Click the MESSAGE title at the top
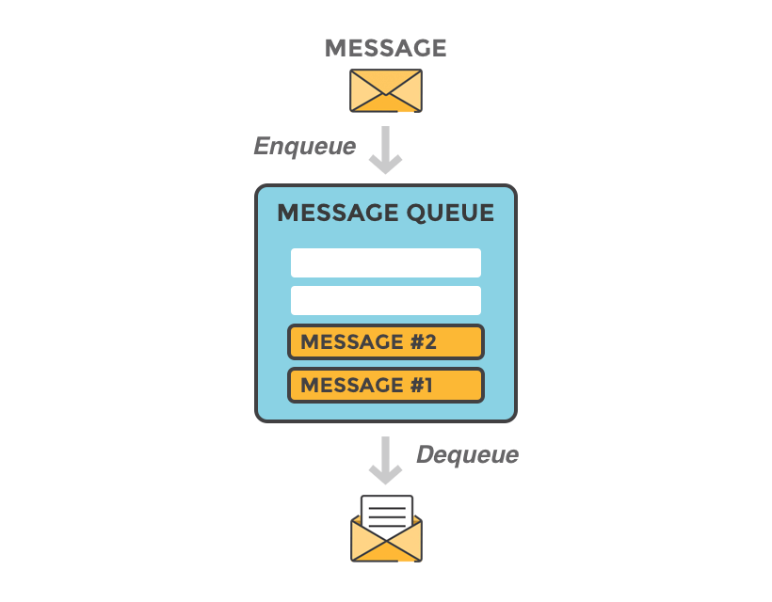pyautogui.click(x=385, y=48)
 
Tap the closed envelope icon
pyautogui.click(x=386, y=90)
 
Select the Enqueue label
pyautogui.click(x=305, y=146)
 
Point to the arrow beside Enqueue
pyautogui.click(x=386, y=150)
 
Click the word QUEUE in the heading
pyautogui.click(x=450, y=214)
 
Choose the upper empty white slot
pyautogui.click(x=386, y=262)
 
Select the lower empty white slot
pyautogui.click(x=386, y=300)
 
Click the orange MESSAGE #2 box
pyautogui.click(x=386, y=341)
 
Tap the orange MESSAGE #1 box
pyautogui.click(x=386, y=385)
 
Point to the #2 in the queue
pyautogui.click(x=423, y=341)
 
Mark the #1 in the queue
pyautogui.click(x=421, y=385)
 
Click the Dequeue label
pyautogui.click(x=467, y=455)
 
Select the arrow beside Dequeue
pyautogui.click(x=386, y=459)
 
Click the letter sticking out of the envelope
pyautogui.click(x=386, y=514)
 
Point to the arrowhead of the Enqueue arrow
pyautogui.click(x=386, y=164)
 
